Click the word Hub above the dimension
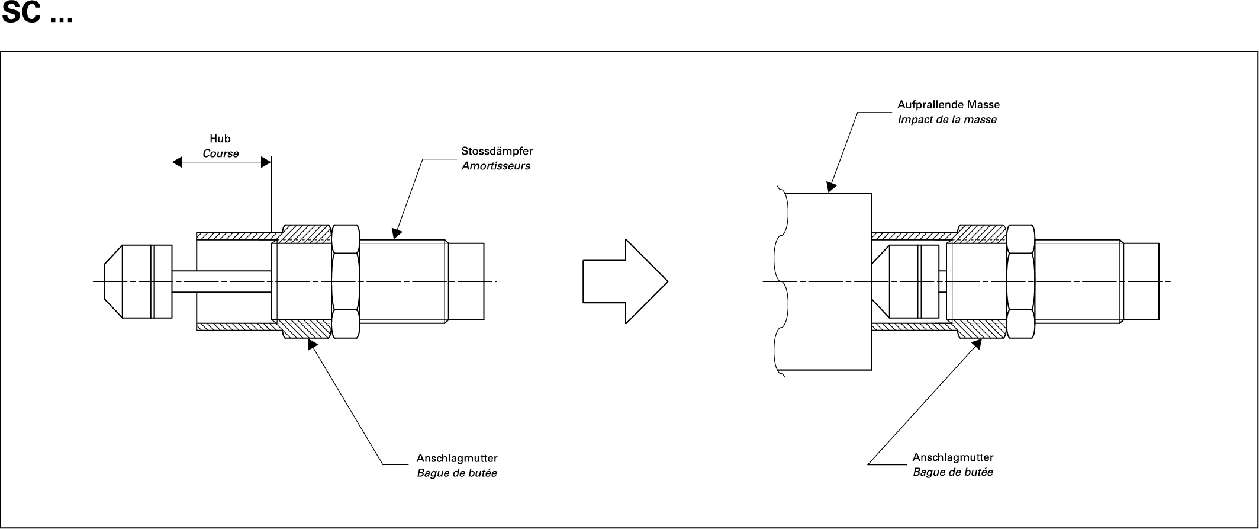point(220,139)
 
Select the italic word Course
point(221,153)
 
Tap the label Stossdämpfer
point(497,151)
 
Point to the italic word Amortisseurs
point(495,166)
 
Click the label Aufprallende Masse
point(948,105)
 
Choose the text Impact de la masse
point(947,120)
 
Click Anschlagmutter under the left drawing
point(456,458)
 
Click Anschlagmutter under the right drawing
point(952,457)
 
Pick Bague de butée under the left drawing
point(456,473)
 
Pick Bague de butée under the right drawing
point(952,472)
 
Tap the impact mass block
point(829,281)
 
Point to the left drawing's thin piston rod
point(222,281)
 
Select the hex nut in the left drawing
point(346,281)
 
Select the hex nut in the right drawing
point(1020,281)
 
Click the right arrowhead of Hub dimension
point(266,162)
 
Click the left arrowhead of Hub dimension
point(177,162)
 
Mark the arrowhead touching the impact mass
point(831,187)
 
